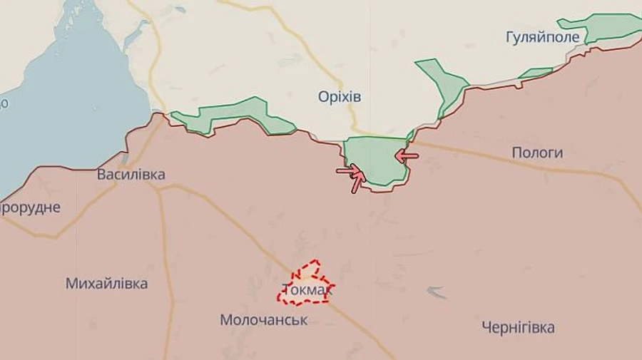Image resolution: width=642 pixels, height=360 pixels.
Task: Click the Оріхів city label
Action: pyautogui.click(x=340, y=97)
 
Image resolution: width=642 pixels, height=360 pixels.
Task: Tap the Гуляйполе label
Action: pyautogui.click(x=537, y=36)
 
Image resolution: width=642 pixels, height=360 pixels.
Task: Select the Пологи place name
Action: pyautogui.click(x=537, y=153)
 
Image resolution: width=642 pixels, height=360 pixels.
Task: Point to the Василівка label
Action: pyautogui.click(x=131, y=175)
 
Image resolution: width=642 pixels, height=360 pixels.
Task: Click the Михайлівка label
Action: pyautogui.click(x=107, y=283)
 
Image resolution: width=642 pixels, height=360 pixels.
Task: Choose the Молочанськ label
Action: pyautogui.click(x=264, y=320)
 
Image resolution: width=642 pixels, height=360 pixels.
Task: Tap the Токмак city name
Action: pyautogui.click(x=307, y=290)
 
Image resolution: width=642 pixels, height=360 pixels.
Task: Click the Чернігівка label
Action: pyautogui.click(x=518, y=328)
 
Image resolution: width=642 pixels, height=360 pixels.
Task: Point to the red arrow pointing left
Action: pyautogui.click(x=407, y=154)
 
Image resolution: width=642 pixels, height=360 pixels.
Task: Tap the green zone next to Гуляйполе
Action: pyautogui.click(x=606, y=27)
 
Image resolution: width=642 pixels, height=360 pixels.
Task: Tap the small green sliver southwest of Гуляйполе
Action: pyautogui.click(x=536, y=72)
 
